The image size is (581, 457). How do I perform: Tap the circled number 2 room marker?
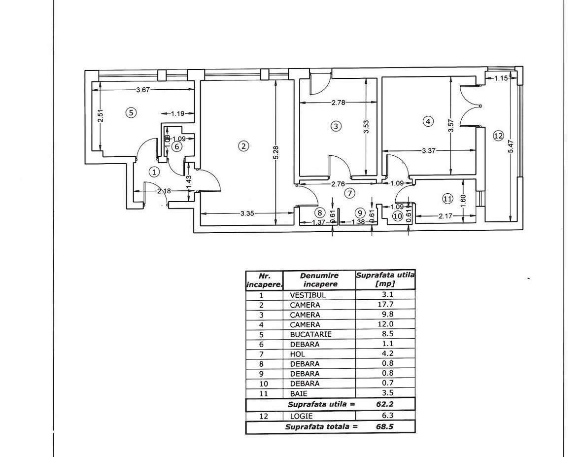tap(243, 145)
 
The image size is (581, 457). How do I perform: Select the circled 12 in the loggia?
tap(498, 136)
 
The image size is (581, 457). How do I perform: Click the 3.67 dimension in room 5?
tap(143, 89)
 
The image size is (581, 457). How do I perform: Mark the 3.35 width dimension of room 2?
tap(247, 213)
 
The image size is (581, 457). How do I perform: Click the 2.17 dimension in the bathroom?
tap(445, 215)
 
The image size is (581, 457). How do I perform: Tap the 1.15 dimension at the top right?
tap(501, 78)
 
